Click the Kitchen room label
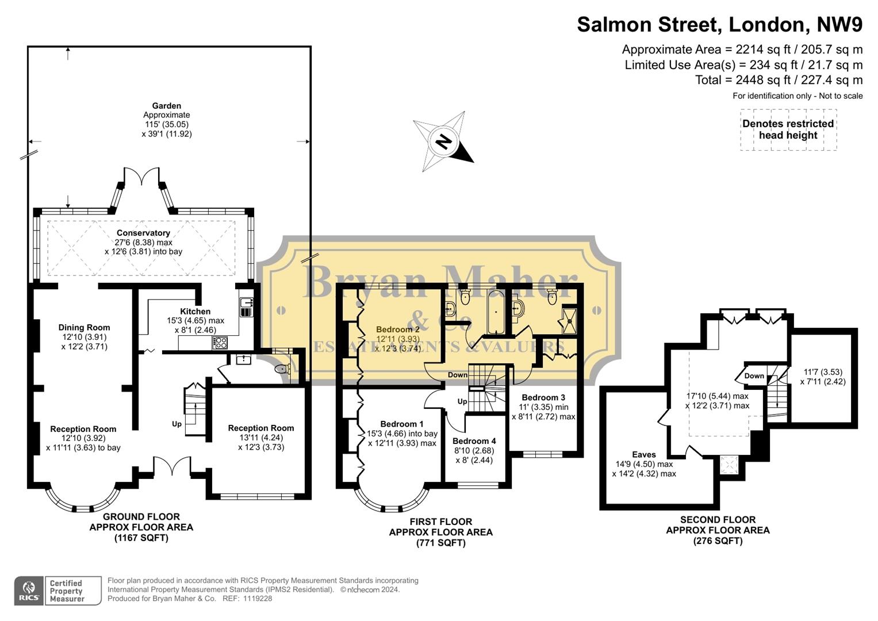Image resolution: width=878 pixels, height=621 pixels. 195,312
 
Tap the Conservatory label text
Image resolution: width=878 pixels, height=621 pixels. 143,233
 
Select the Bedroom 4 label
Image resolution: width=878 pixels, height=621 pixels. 474,441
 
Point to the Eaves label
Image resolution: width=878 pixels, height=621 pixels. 643,454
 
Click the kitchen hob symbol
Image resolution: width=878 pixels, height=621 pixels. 220,343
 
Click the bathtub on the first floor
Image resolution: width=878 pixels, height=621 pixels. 495,312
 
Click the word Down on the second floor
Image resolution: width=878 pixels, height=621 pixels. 754,376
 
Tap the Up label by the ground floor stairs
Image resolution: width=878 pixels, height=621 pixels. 177,424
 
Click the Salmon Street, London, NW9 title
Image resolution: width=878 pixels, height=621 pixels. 719,25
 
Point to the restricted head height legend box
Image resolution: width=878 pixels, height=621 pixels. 788,130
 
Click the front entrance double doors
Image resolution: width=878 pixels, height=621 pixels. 171,466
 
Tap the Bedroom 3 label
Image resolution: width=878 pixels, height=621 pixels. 543,397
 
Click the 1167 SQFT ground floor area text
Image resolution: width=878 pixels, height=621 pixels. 141,538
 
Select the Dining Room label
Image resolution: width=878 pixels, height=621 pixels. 84,328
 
